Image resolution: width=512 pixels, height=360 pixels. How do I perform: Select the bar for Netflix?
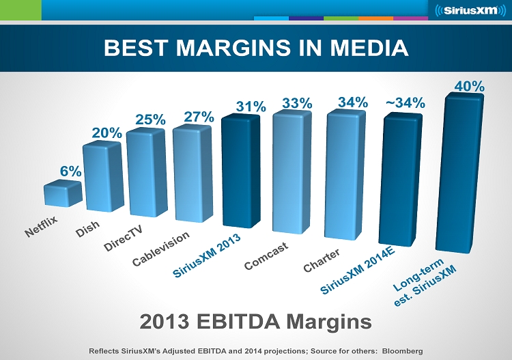click(63, 193)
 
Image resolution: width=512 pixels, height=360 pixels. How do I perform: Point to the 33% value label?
click(298, 103)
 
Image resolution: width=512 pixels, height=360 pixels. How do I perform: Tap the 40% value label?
click(470, 86)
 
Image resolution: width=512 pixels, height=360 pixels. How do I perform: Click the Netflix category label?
click(42, 227)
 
